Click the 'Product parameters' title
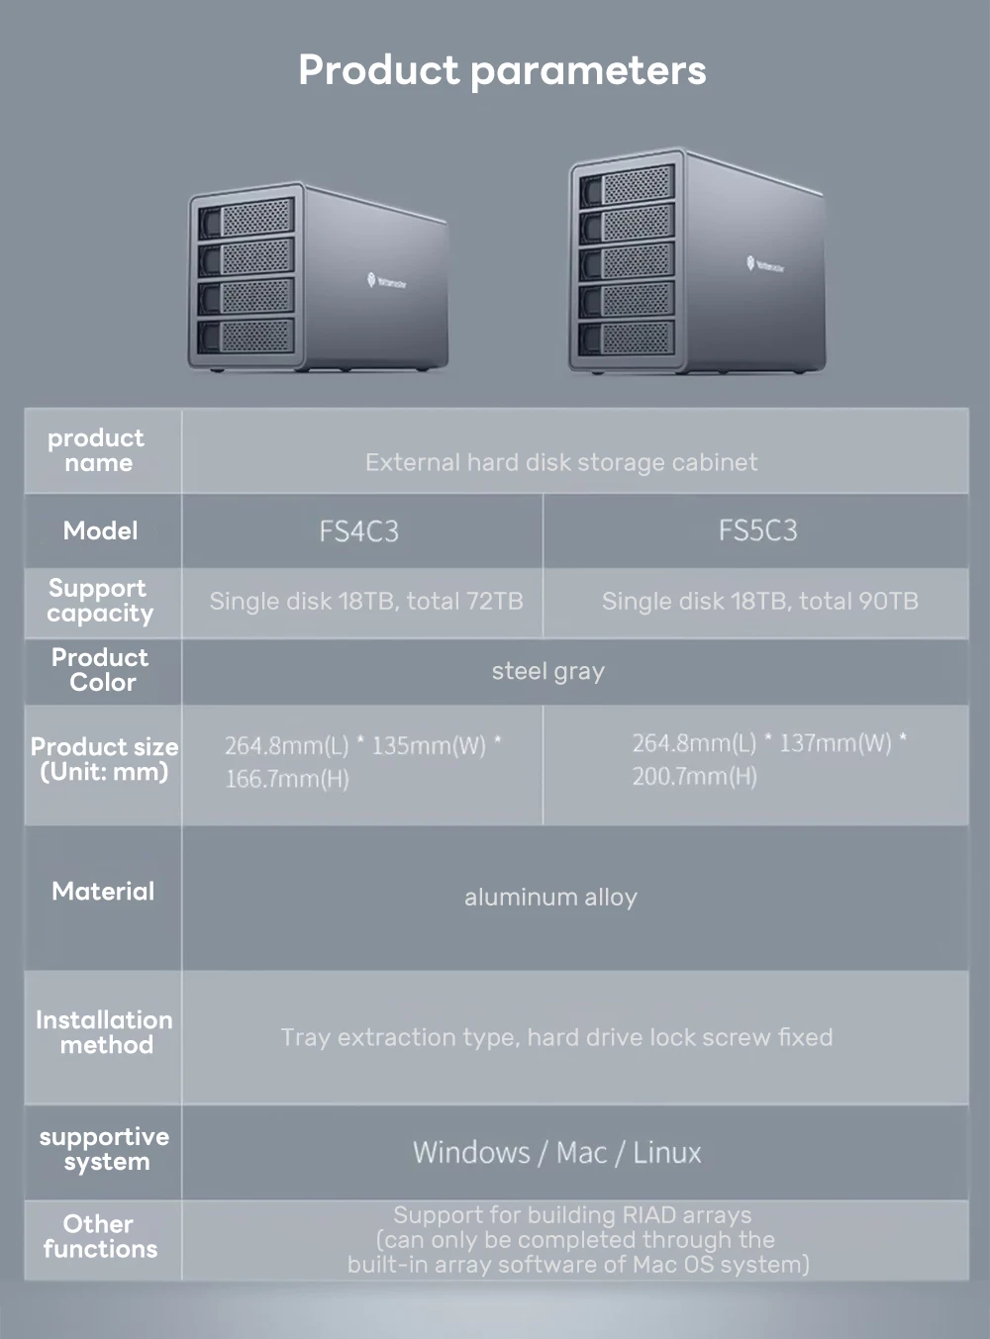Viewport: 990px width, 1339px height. pyautogui.click(x=502, y=70)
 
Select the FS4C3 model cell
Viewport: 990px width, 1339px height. pyautogui.click(x=359, y=531)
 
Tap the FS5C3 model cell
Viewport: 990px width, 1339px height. pyautogui.click(x=757, y=530)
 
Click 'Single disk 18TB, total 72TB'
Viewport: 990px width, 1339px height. pyautogui.click(x=365, y=601)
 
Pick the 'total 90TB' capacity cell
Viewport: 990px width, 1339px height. pyautogui.click(x=759, y=601)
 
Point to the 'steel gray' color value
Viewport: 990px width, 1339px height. pyautogui.click(x=547, y=671)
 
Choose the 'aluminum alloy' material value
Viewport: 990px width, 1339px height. pyautogui.click(x=550, y=898)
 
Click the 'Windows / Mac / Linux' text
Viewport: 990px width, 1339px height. pyautogui.click(x=556, y=1153)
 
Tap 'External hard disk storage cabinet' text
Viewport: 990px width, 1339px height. pyautogui.click(x=560, y=462)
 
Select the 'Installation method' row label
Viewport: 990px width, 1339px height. pyautogui.click(x=104, y=1032)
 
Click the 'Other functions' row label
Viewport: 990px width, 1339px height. pyautogui.click(x=100, y=1236)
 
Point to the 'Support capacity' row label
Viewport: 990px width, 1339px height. pyautogui.click(x=100, y=601)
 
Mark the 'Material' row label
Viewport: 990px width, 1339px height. pyautogui.click(x=103, y=892)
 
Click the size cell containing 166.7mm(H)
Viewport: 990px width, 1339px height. pyautogui.click(x=362, y=762)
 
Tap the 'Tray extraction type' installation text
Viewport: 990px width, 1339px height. pyautogui.click(x=556, y=1037)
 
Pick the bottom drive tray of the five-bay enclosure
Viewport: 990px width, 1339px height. pyautogui.click(x=627, y=338)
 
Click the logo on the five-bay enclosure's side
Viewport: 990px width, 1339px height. pyautogui.click(x=764, y=264)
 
